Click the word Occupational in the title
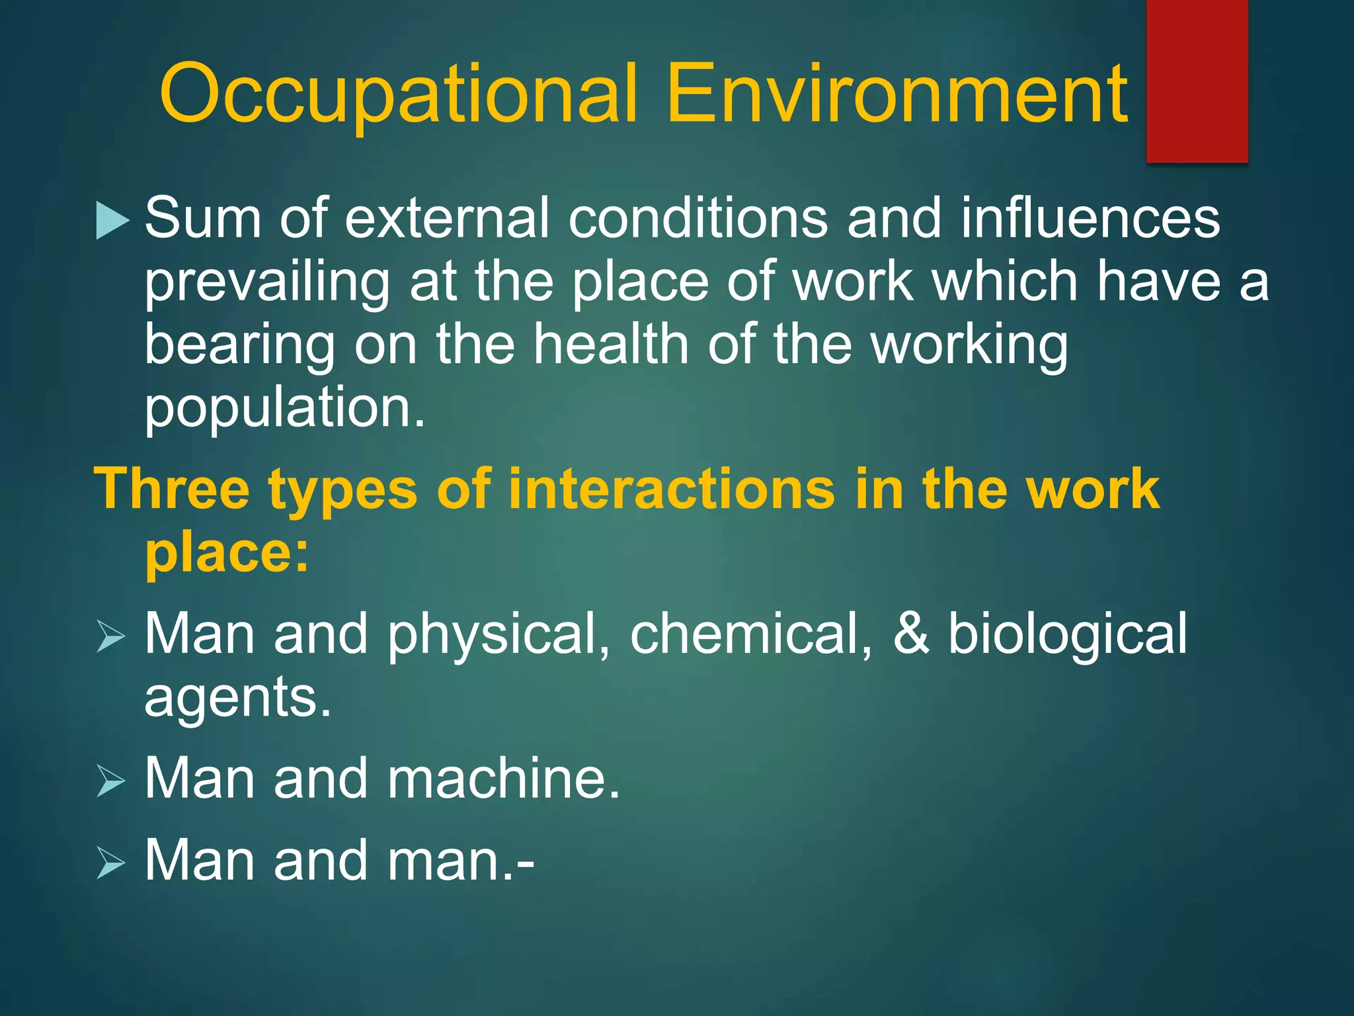pos(399,94)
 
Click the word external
pos(447,218)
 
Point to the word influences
pos(1090,218)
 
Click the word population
pos(284,409)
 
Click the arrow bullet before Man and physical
pos(110,636)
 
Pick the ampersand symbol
pos(911,634)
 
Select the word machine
pos(503,779)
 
